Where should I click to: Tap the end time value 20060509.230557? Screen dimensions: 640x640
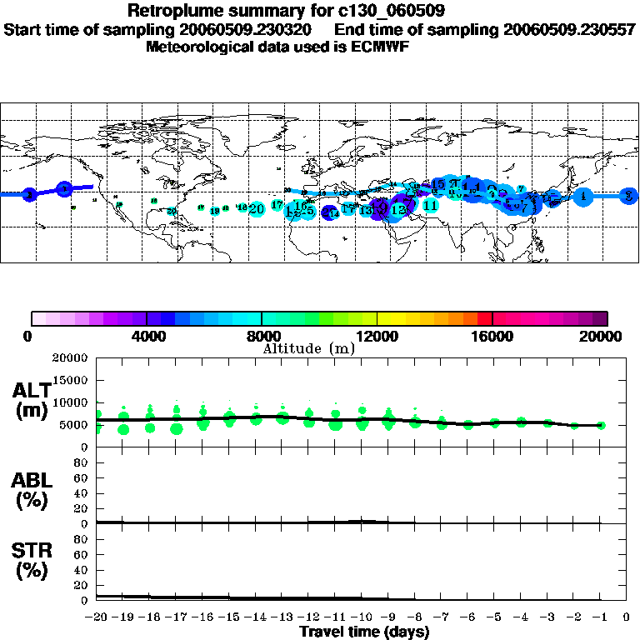566,29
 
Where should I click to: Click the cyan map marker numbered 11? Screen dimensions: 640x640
430,205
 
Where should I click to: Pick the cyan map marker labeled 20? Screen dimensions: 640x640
257,208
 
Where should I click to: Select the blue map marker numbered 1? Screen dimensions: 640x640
583,196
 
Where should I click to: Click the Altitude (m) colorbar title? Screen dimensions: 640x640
309,348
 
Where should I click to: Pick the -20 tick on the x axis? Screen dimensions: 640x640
97,617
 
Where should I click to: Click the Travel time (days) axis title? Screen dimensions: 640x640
364,632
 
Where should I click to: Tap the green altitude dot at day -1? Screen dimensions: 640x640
601,425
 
